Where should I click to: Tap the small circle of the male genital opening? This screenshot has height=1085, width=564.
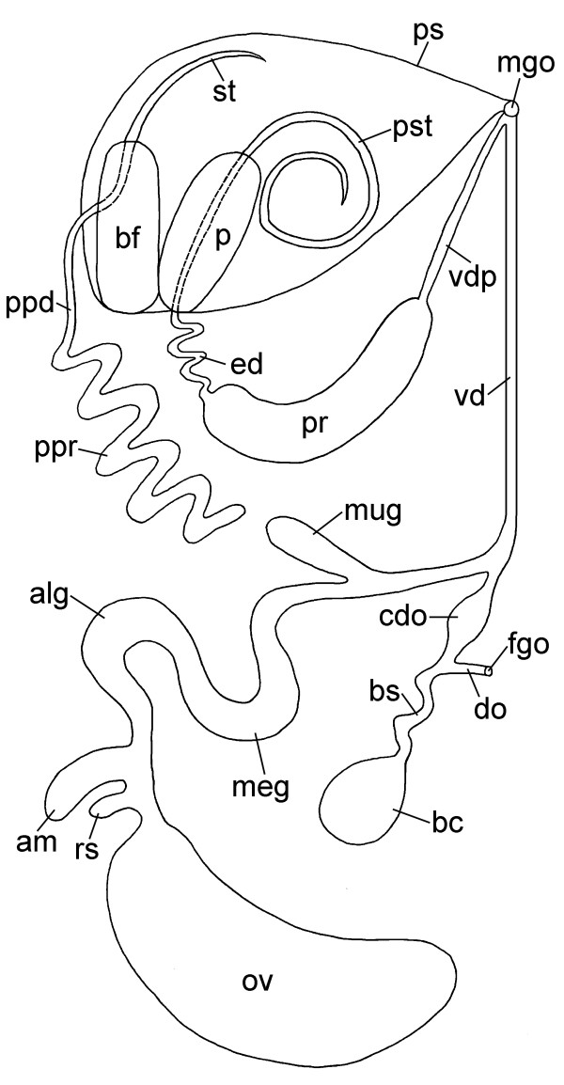510,109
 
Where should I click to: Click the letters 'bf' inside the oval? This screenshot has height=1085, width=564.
127,239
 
